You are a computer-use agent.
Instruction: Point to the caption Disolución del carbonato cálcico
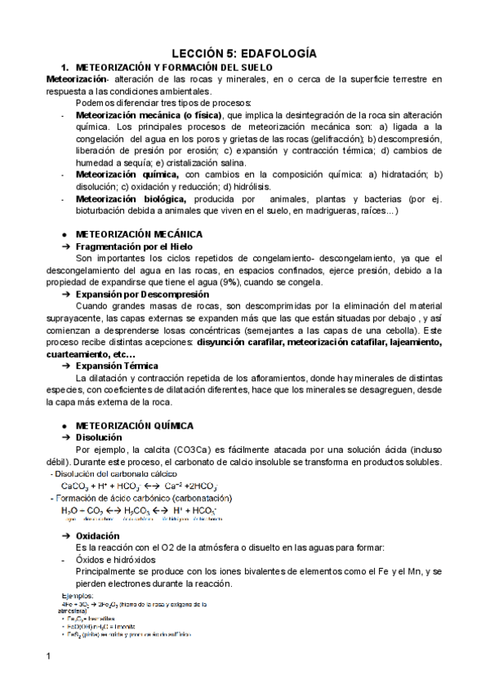point(108,474)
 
